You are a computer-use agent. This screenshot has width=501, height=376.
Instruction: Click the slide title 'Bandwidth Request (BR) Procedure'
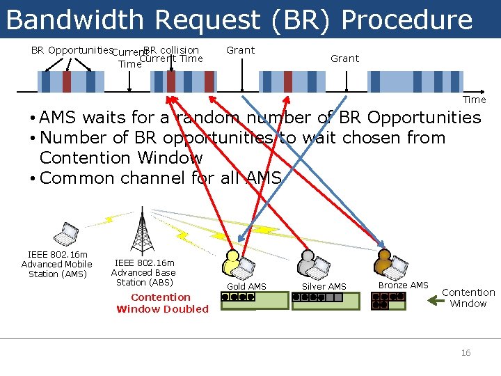click(x=239, y=19)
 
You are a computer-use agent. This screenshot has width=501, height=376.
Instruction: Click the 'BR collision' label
click(x=172, y=50)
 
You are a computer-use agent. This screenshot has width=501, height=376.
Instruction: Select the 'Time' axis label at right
click(x=475, y=100)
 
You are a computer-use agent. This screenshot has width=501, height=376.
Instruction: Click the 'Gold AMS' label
click(x=247, y=286)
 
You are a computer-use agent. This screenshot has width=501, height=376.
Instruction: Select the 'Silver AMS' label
click(x=324, y=286)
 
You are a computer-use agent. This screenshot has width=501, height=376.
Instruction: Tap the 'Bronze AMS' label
click(x=403, y=285)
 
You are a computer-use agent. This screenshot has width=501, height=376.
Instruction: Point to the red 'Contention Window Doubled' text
click(x=161, y=303)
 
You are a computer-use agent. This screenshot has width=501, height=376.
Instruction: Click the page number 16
click(x=466, y=353)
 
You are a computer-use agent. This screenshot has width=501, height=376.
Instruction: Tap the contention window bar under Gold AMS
click(x=253, y=300)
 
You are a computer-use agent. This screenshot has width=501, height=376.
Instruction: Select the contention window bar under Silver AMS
click(x=326, y=300)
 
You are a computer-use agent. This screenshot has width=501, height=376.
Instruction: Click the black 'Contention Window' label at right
click(x=468, y=298)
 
